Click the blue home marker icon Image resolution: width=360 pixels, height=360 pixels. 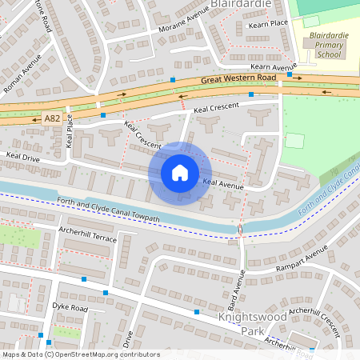180,172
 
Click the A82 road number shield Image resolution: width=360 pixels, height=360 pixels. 52,118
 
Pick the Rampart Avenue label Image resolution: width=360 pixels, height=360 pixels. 301,263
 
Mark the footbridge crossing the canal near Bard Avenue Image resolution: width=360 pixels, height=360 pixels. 241,230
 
